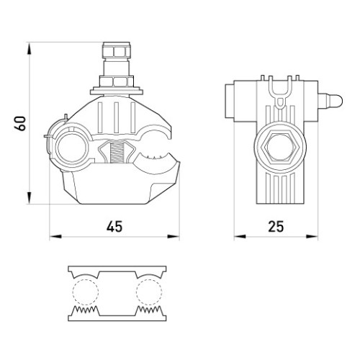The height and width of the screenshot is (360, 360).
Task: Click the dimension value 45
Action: coord(114,227)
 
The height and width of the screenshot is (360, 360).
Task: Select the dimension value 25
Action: coord(276,227)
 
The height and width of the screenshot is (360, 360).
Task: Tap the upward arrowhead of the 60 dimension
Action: coord(30,49)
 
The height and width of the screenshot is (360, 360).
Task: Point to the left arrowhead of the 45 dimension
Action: coord(55,237)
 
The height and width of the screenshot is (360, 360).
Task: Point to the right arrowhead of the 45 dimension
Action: coord(174,237)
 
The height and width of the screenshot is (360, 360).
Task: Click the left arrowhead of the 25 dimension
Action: coord(240,237)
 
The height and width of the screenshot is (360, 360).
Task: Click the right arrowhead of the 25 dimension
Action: coord(312,237)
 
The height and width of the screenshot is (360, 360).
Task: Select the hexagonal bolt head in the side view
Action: coord(280,147)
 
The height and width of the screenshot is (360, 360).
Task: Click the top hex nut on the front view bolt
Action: coord(117,50)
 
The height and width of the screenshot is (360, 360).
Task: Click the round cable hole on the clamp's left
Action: coord(72,148)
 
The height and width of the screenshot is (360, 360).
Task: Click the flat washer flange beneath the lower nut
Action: coord(117,92)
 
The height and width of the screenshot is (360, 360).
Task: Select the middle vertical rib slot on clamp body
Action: coord(117,117)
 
